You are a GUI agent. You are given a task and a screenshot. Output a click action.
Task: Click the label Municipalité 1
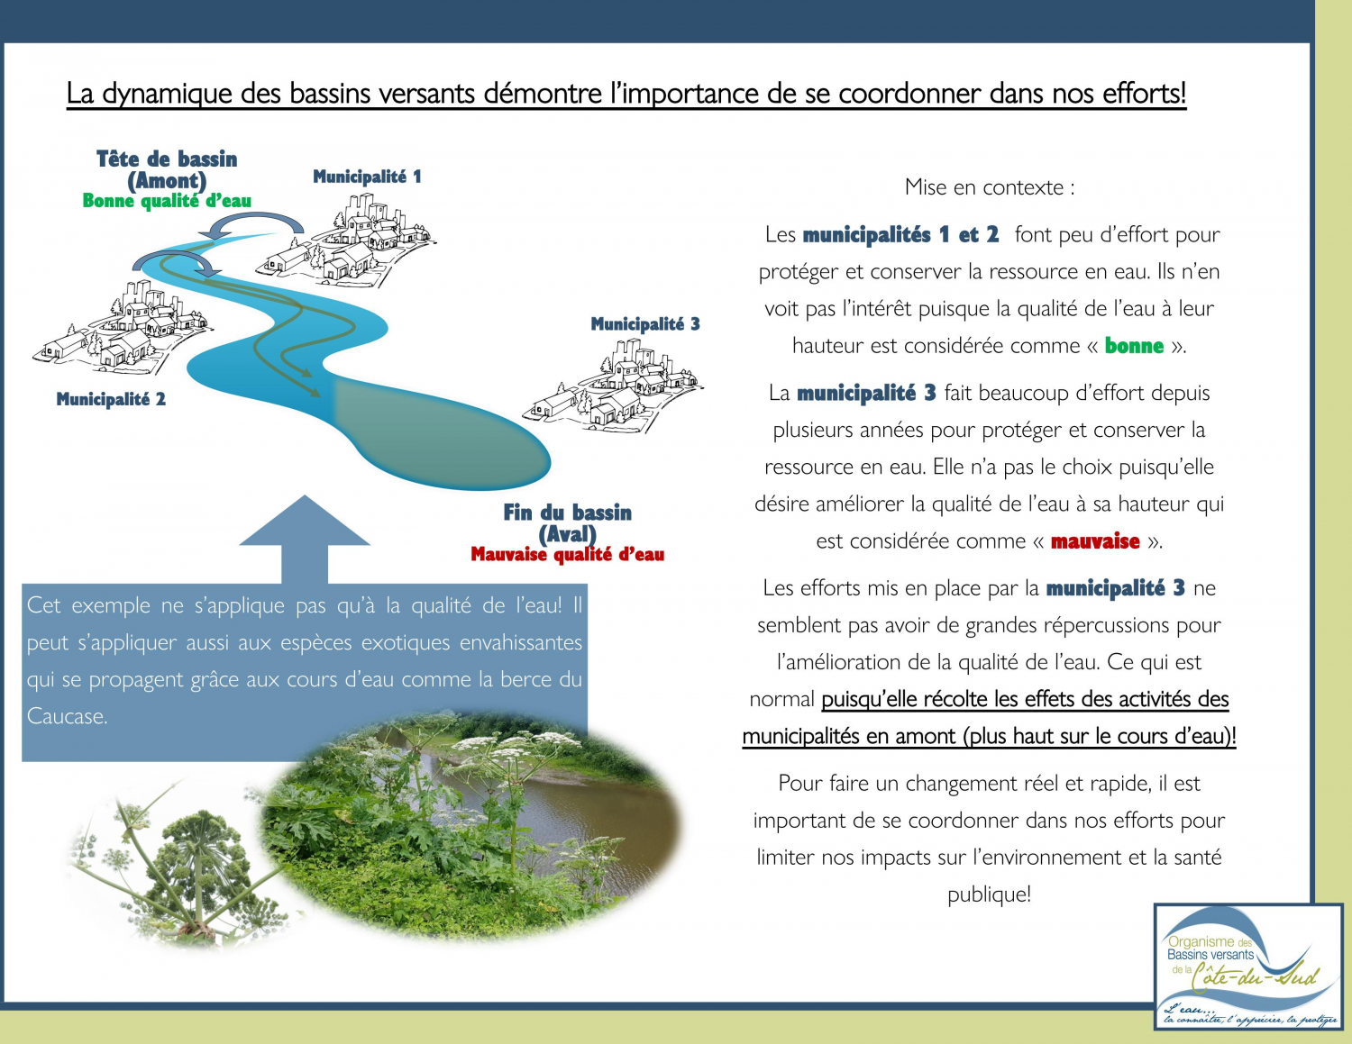(367, 177)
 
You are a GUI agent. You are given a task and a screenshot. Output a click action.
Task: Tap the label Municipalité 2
(111, 399)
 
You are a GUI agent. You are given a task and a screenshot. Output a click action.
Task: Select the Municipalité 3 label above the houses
(644, 324)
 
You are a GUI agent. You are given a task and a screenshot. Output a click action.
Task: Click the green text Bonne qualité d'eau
(167, 201)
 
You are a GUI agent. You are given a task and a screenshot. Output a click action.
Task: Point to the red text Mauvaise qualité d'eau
(567, 555)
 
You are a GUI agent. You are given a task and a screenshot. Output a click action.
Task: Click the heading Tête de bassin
(167, 159)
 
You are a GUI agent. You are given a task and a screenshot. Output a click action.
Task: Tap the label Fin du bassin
(567, 513)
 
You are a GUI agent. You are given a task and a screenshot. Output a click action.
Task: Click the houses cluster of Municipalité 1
(352, 240)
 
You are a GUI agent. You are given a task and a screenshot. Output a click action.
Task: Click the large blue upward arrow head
(305, 522)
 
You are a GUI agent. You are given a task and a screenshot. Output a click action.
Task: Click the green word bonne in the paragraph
(1134, 346)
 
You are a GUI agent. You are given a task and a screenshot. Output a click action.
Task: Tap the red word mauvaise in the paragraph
(1095, 541)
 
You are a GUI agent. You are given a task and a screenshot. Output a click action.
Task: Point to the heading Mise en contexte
(989, 187)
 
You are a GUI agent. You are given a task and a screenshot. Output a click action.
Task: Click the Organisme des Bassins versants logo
(1247, 967)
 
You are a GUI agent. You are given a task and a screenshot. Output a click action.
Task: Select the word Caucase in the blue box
(67, 717)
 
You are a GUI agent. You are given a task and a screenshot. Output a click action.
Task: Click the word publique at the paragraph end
(988, 894)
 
